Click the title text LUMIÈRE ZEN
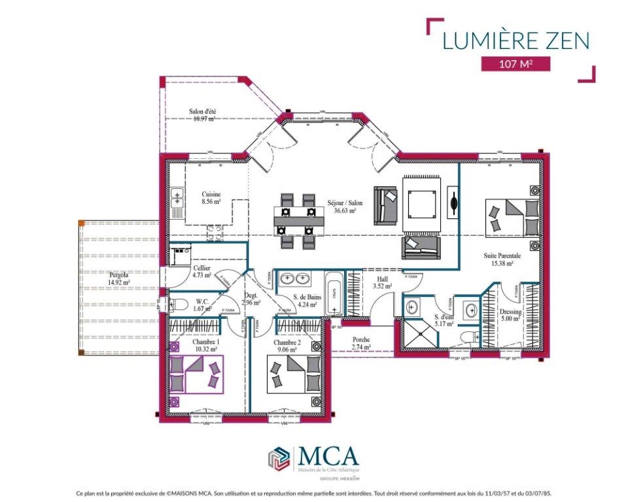click(516, 40)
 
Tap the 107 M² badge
click(515, 64)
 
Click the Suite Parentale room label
click(502, 259)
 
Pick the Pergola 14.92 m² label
click(119, 279)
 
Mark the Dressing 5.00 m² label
click(511, 316)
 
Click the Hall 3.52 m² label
click(382, 282)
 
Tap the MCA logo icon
click(279, 458)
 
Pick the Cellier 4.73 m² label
click(202, 272)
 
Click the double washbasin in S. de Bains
click(295, 279)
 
